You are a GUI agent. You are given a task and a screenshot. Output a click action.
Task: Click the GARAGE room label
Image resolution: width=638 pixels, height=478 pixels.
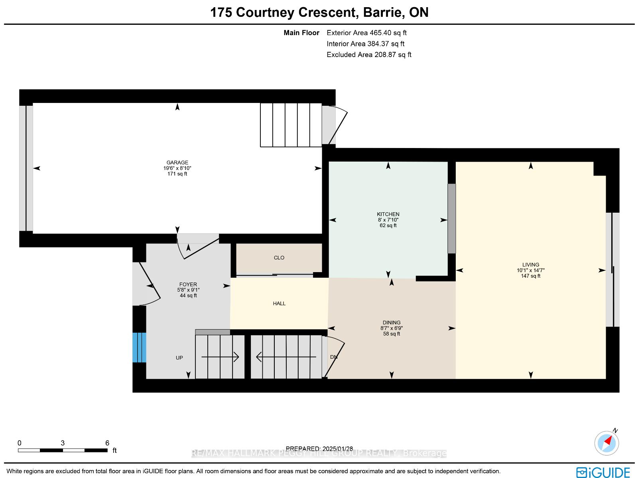pyautogui.click(x=177, y=162)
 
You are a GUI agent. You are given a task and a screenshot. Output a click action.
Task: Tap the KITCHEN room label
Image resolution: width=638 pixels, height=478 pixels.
pyautogui.click(x=388, y=214)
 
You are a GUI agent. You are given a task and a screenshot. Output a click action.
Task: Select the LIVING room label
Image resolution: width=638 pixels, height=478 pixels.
pyautogui.click(x=531, y=265)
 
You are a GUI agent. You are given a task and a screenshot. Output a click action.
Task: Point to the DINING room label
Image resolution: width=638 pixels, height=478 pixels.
pyautogui.click(x=392, y=322)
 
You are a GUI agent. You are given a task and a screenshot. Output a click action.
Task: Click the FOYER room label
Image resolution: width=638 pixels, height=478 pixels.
pyautogui.click(x=188, y=284)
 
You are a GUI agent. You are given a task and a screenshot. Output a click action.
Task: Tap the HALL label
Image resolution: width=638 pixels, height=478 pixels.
pyautogui.click(x=279, y=304)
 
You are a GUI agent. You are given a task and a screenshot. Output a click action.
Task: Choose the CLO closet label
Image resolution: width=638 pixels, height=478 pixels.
pyautogui.click(x=279, y=258)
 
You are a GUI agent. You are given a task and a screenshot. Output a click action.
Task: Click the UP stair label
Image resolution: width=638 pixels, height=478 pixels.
pyautogui.click(x=179, y=358)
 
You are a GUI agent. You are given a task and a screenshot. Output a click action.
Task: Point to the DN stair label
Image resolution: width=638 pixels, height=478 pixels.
pyautogui.click(x=334, y=357)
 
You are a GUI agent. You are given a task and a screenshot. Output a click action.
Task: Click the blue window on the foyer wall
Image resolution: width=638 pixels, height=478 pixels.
pyautogui.click(x=139, y=348)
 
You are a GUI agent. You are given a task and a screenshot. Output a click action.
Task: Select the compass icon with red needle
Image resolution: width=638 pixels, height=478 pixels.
pyautogui.click(x=606, y=443)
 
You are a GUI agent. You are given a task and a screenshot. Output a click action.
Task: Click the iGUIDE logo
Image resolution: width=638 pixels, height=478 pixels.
pyautogui.click(x=603, y=472)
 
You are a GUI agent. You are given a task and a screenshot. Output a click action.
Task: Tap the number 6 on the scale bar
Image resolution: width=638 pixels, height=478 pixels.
pyautogui.click(x=107, y=443)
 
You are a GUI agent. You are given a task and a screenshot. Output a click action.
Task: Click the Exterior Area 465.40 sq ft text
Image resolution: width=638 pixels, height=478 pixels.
pyautogui.click(x=366, y=33)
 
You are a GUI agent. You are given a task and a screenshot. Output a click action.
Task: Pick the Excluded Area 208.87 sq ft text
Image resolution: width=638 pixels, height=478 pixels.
pyautogui.click(x=369, y=55)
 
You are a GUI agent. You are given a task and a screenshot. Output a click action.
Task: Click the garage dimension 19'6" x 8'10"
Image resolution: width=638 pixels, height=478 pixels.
pyautogui.click(x=177, y=168)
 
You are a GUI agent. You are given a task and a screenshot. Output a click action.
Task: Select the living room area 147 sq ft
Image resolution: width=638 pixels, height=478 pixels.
pyautogui.click(x=531, y=276)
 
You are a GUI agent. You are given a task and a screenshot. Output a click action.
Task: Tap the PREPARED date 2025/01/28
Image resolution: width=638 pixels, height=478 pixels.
pyautogui.click(x=337, y=448)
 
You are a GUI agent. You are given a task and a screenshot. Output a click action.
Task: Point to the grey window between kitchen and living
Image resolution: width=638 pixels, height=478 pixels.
pyautogui.click(x=451, y=218)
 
